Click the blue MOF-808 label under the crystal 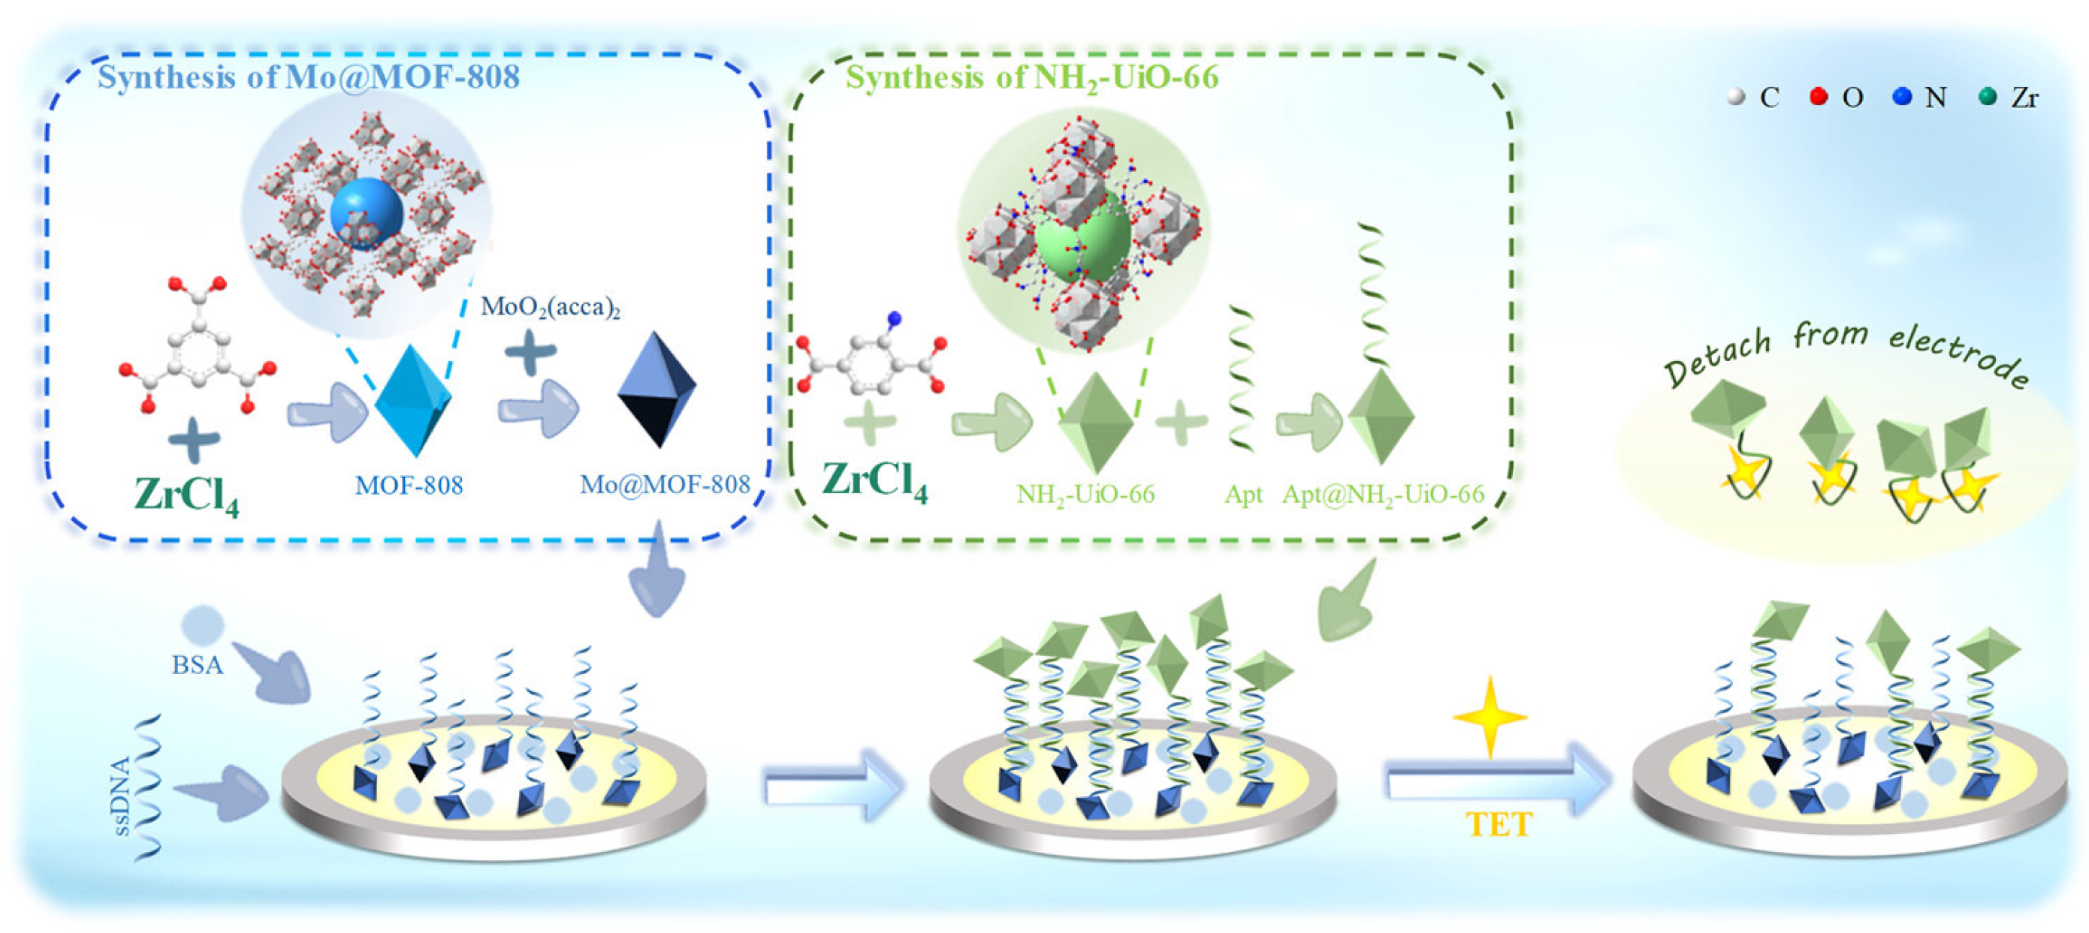tap(409, 485)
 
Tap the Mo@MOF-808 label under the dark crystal tap(665, 485)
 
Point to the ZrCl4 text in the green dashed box tap(874, 480)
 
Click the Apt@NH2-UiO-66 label tap(1383, 494)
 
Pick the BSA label tap(197, 665)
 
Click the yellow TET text tap(1499, 824)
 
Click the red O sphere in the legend tap(1819, 97)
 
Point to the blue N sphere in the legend tap(1902, 97)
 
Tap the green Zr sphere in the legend tap(1987, 97)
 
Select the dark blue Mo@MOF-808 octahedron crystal tap(657, 389)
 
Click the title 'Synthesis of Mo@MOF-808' tap(308, 77)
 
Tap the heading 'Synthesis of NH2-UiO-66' tap(1031, 77)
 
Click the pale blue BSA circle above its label tap(202, 625)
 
